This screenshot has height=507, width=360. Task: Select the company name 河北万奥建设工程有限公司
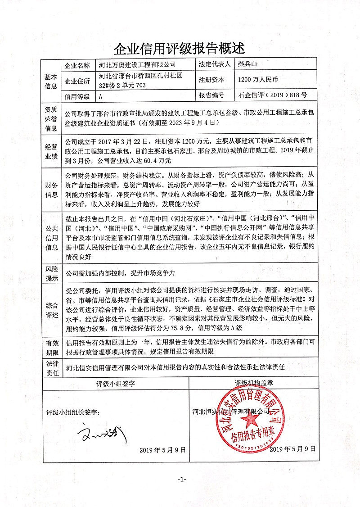(x=135, y=65)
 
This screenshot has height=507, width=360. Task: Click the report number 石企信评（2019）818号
(x=272, y=95)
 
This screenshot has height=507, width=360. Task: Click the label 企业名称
(x=77, y=65)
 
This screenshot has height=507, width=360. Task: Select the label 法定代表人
(x=214, y=65)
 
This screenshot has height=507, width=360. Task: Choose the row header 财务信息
(x=51, y=190)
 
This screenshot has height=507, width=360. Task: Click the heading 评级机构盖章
(x=254, y=384)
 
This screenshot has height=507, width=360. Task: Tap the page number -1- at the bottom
(x=181, y=480)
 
